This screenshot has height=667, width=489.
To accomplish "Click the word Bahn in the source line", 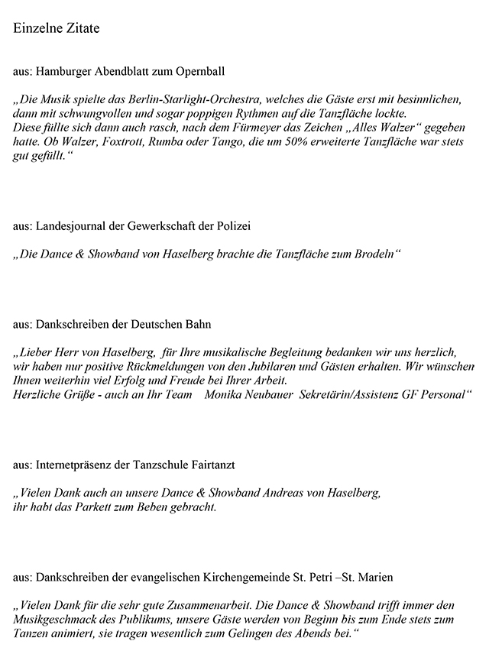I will pyautogui.click(x=198, y=324).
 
